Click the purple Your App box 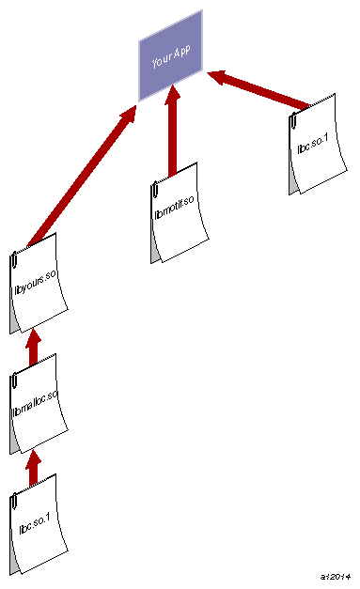tap(171, 56)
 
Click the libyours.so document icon tap(39, 282)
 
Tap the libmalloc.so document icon tap(39, 399)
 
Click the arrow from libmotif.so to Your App tap(172, 132)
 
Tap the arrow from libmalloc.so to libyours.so tap(33, 345)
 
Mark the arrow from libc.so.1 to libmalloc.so tap(33, 466)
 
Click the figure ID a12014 tap(335, 575)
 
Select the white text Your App tap(171, 56)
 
